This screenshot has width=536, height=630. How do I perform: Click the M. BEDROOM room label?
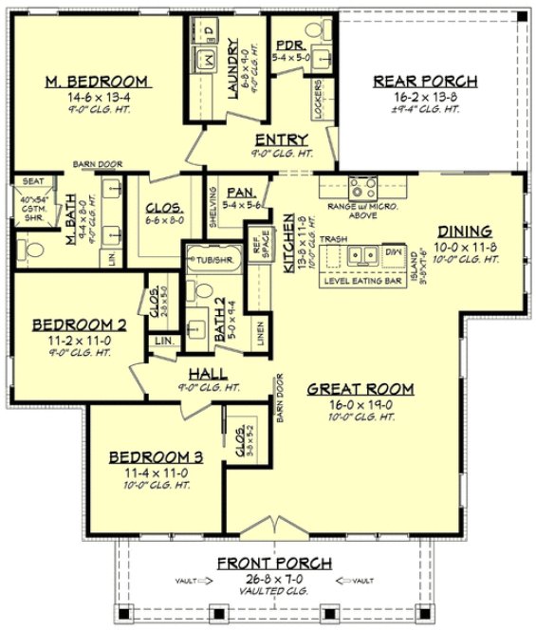tap(96, 82)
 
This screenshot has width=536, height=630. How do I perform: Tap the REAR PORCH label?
tap(424, 82)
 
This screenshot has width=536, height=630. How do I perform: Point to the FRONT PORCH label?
tap(274, 564)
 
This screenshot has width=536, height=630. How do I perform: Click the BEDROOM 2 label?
tap(73, 324)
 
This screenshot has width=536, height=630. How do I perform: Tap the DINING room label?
tap(464, 231)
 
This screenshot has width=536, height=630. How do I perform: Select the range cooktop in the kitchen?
tap(360, 187)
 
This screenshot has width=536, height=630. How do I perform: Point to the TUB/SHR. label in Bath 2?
tap(209, 257)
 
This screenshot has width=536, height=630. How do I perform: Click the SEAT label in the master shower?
tap(32, 181)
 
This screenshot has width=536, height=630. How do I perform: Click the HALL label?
tap(207, 374)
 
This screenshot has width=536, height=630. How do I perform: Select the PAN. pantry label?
tap(238, 192)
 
